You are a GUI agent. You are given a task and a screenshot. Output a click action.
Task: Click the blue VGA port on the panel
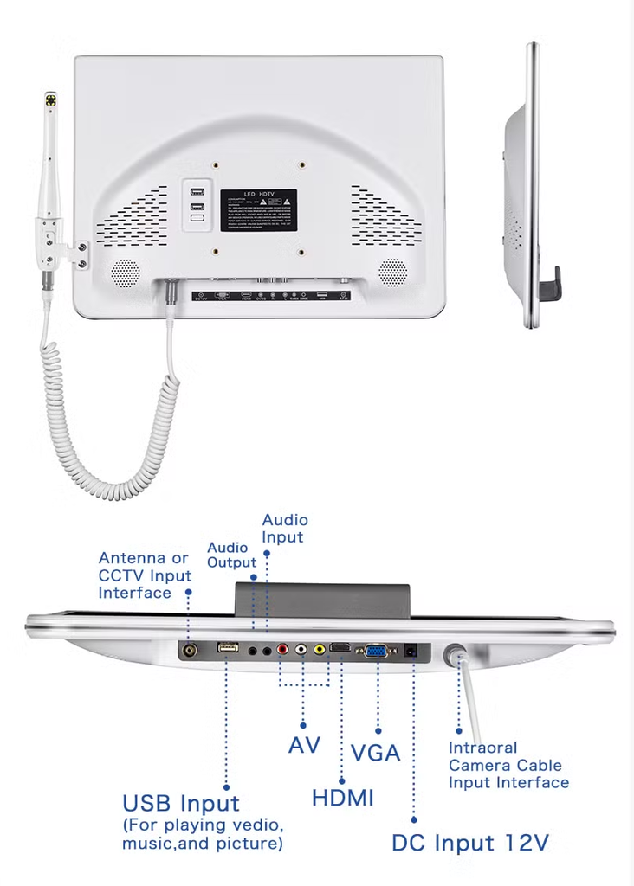377,652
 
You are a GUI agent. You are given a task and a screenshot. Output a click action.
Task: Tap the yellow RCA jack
320,649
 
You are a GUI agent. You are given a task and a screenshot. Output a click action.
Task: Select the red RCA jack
281,649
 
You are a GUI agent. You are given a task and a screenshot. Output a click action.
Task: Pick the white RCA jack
301,649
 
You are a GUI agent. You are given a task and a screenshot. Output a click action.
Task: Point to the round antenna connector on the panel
188,649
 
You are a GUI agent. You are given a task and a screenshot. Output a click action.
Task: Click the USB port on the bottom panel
228,648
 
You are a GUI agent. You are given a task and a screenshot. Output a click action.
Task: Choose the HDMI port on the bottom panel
341,649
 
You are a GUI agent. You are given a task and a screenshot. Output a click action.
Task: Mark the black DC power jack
413,651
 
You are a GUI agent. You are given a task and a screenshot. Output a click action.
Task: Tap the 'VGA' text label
376,753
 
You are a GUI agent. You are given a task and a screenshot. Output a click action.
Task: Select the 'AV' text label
304,744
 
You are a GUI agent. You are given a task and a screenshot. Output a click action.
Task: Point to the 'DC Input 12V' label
469,843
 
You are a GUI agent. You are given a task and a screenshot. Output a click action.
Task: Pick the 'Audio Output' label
231,555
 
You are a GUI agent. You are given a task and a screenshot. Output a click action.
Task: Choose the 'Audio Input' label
285,529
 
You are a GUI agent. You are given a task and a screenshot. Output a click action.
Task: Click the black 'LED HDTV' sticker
258,210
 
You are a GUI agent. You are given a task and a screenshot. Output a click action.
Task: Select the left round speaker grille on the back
125,273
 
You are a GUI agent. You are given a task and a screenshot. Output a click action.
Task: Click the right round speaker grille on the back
392,273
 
